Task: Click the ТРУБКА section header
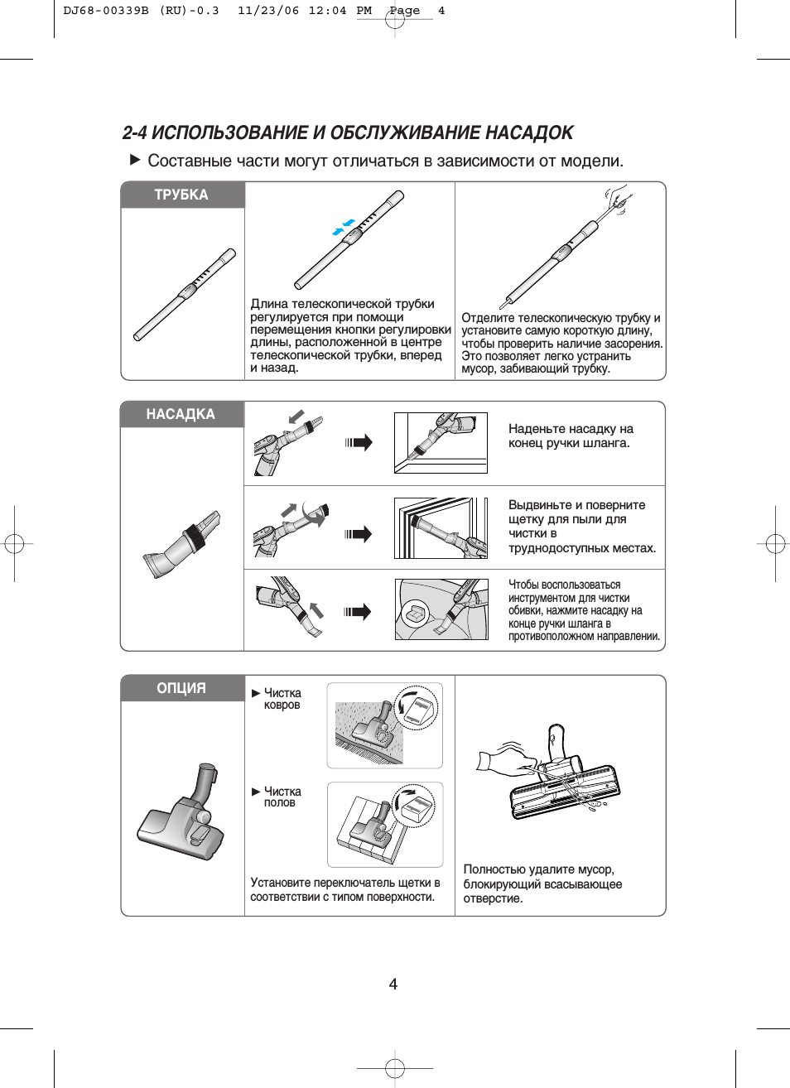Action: (x=181, y=195)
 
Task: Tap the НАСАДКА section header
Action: (x=181, y=414)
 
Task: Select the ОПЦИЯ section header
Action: (x=181, y=688)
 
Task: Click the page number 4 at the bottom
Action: (x=393, y=984)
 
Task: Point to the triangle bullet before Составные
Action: (x=135, y=160)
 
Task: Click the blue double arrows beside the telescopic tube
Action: (x=344, y=227)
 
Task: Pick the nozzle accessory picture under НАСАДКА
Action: (x=183, y=544)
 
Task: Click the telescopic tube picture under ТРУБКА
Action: (x=185, y=295)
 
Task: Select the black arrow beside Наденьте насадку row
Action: (x=359, y=442)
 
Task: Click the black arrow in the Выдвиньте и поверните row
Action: (x=359, y=534)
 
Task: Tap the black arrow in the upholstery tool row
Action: (x=359, y=612)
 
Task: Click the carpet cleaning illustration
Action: (x=385, y=725)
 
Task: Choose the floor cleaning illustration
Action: (x=385, y=825)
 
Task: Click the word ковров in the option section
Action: (x=282, y=705)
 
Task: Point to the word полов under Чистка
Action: (x=280, y=803)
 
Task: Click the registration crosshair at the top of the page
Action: (x=395, y=18)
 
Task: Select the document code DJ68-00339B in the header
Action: (x=106, y=11)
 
